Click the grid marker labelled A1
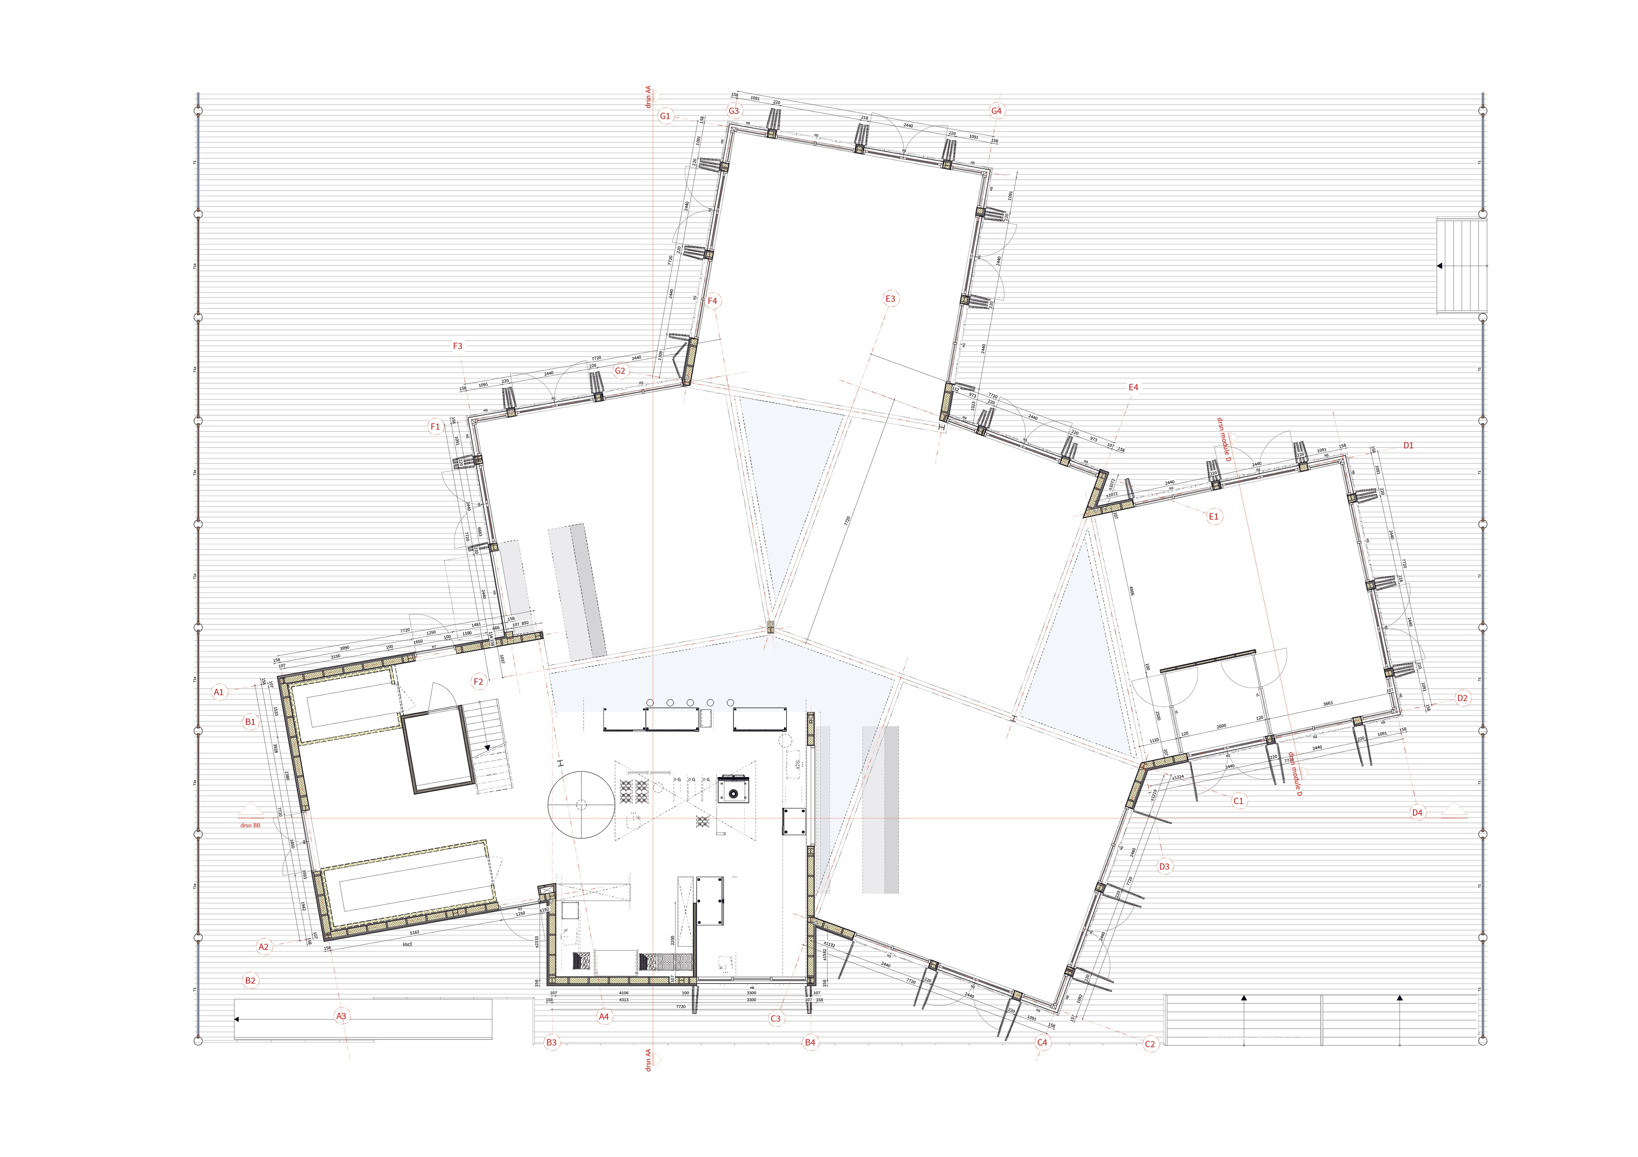(x=219, y=692)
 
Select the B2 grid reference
(x=250, y=981)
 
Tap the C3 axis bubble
(x=776, y=1018)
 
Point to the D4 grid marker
(x=1417, y=812)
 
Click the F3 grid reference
(x=457, y=346)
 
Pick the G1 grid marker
(x=665, y=115)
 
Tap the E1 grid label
(x=1214, y=516)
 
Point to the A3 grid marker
(x=341, y=1016)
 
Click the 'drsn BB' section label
(x=250, y=825)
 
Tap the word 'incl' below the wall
(x=407, y=944)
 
